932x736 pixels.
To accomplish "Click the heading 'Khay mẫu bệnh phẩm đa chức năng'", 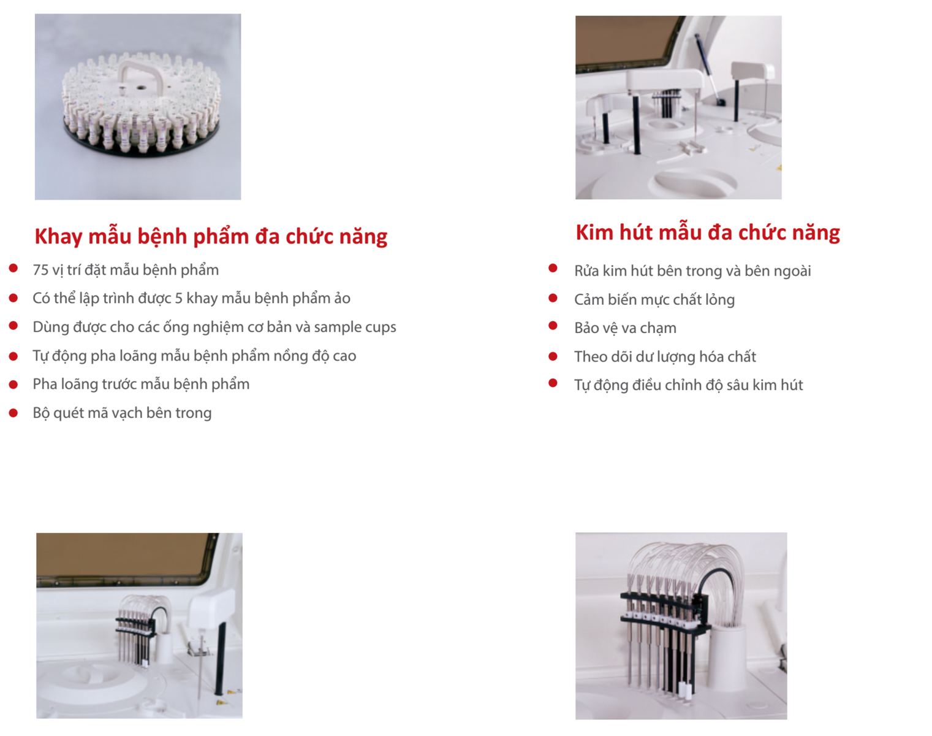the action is (211, 237).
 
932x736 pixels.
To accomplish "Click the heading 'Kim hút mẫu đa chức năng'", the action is (708, 233).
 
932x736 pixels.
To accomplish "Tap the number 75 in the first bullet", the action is (40, 270).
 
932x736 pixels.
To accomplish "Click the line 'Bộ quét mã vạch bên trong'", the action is (122, 413).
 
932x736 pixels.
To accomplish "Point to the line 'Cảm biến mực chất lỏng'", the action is (654, 299).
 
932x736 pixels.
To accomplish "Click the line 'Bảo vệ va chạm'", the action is (625, 328).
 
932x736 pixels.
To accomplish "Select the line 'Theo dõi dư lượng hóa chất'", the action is (665, 357).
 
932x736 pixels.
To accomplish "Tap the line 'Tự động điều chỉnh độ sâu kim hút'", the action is (689, 385).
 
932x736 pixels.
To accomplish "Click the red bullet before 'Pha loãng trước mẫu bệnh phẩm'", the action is (13, 385).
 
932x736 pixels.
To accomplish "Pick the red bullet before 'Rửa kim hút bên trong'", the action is (553, 268).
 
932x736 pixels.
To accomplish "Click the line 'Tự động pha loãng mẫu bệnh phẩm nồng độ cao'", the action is (194, 356).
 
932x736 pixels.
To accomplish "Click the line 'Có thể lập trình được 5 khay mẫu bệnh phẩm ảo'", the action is (191, 298).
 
